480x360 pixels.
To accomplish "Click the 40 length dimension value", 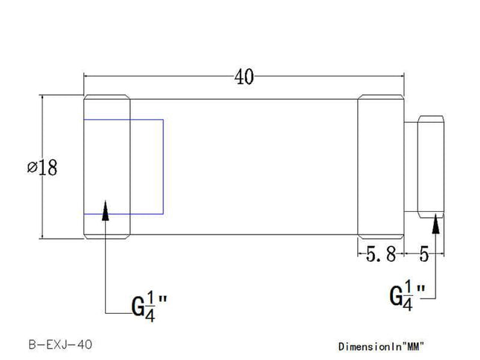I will [x=243, y=76].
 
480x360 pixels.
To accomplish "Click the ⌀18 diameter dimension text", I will [x=42, y=167].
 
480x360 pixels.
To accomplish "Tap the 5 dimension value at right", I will [x=424, y=256].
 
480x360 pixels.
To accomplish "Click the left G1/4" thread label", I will [x=149, y=304].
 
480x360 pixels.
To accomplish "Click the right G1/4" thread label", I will [x=407, y=295].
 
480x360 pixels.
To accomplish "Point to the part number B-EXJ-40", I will [x=60, y=345].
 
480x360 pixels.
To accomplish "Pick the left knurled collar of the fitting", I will [x=107, y=167].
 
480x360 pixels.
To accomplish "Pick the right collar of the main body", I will [x=381, y=167].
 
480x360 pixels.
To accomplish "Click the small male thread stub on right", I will [x=431, y=167].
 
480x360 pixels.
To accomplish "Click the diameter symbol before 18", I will [x=31, y=168].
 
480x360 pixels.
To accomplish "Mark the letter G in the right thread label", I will [x=396, y=296].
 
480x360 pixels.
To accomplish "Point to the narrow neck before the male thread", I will [x=411, y=167].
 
